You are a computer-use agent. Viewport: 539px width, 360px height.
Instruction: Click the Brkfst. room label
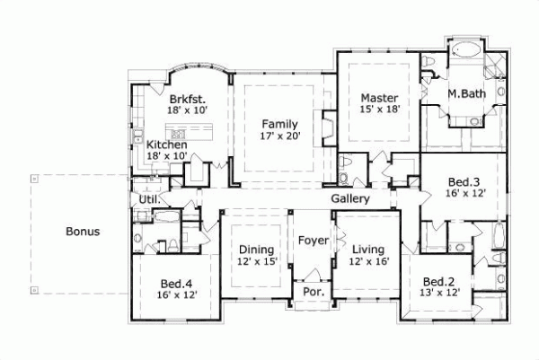(186, 99)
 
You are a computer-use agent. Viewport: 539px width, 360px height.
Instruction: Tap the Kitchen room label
(167, 145)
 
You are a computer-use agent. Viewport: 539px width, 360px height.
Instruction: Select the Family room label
(280, 124)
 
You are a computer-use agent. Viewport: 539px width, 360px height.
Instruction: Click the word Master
(379, 97)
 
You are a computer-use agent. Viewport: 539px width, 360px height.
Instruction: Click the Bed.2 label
(441, 281)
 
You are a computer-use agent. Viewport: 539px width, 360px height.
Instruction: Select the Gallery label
(350, 198)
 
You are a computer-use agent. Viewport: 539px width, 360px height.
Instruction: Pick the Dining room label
(256, 249)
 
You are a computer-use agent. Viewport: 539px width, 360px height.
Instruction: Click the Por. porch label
(314, 293)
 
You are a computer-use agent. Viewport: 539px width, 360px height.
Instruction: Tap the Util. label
(149, 199)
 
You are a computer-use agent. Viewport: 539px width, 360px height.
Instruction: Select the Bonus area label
(83, 231)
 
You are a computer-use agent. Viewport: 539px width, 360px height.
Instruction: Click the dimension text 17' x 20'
(280, 136)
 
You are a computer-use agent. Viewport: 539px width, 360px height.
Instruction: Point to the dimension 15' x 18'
(379, 110)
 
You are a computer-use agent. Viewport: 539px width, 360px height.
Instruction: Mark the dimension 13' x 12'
(441, 293)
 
